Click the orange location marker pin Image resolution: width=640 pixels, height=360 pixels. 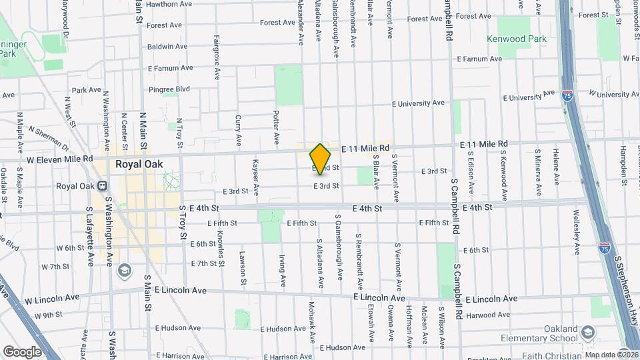(x=320, y=159)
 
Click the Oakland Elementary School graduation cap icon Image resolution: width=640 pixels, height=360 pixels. (x=588, y=332)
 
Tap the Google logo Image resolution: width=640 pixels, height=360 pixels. (x=22, y=351)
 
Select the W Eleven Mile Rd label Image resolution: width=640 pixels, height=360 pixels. (x=51, y=159)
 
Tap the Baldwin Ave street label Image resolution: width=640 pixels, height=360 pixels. (x=167, y=47)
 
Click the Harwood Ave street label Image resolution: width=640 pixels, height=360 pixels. (x=488, y=315)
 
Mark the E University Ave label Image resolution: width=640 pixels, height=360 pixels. (x=418, y=103)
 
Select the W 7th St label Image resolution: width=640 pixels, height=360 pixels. (x=55, y=267)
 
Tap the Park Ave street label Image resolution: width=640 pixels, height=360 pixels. (x=86, y=90)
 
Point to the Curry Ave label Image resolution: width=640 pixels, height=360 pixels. (x=238, y=131)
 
